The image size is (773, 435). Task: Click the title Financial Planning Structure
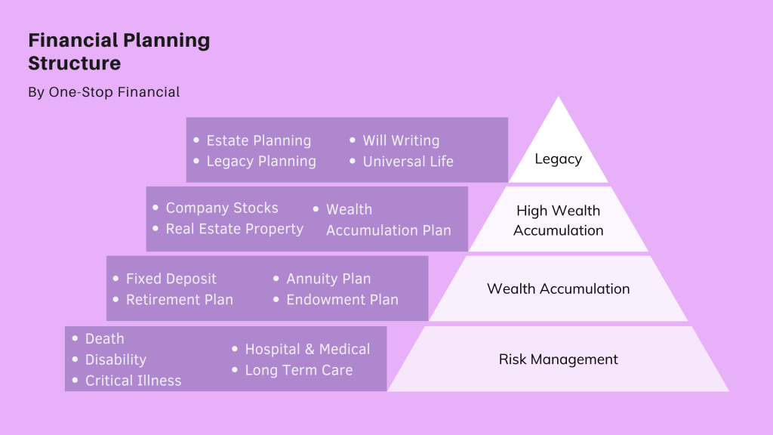pos(119,51)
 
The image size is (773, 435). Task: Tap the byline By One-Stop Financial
pos(103,92)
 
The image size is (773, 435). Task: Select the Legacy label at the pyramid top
pos(558,159)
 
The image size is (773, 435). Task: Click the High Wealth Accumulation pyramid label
pos(559,221)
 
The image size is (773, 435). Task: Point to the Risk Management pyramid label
pos(559,359)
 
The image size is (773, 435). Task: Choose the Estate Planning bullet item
pos(258,140)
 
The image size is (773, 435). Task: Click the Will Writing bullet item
pos(400,140)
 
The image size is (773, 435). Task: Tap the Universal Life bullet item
pos(408,161)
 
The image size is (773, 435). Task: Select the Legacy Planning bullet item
pos(261,161)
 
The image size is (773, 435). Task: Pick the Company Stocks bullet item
pos(222,208)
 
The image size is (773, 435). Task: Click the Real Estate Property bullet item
pos(234,229)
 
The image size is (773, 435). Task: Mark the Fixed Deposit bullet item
pos(171,279)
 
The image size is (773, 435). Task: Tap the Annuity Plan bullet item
pos(328,279)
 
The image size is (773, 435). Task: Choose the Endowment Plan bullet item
pos(342,300)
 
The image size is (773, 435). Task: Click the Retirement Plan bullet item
pos(179,300)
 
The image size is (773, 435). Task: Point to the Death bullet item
pos(104,339)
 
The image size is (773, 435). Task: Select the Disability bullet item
pos(115,359)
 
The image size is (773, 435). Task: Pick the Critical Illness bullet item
pos(133,381)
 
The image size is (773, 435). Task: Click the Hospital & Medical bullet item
pos(307,349)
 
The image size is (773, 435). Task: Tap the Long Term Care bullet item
pos(298,370)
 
